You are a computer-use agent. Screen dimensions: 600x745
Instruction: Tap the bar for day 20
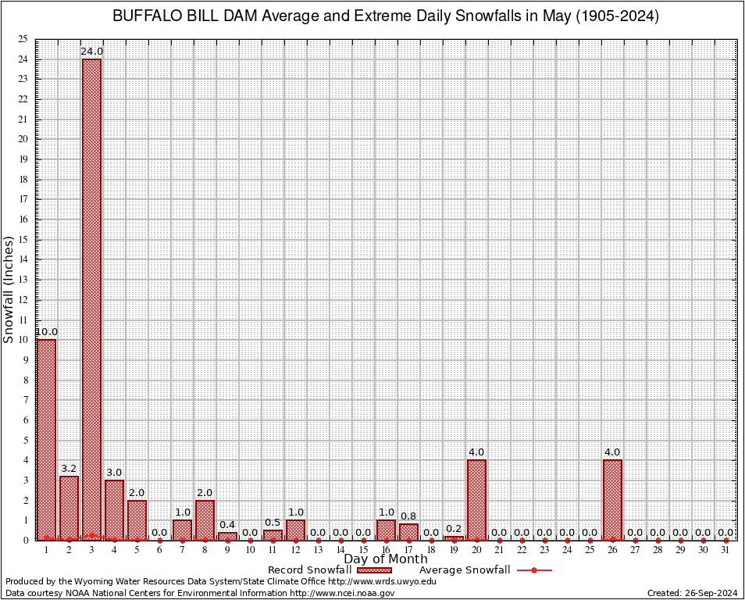(x=476, y=499)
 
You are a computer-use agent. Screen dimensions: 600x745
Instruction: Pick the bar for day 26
(x=612, y=499)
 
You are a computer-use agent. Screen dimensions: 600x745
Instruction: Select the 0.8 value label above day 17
(x=408, y=516)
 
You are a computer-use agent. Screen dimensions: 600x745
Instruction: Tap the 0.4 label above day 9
(x=227, y=525)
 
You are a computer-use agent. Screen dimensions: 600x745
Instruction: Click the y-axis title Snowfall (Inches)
(x=9, y=289)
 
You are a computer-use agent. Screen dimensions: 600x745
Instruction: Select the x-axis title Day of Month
(x=386, y=559)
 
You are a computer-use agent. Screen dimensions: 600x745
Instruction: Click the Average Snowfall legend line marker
(x=534, y=570)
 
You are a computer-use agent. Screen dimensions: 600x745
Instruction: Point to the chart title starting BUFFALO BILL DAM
(x=385, y=16)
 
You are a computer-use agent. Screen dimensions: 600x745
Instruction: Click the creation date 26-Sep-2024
(x=713, y=593)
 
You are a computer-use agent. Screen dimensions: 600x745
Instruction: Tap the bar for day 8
(x=205, y=520)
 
